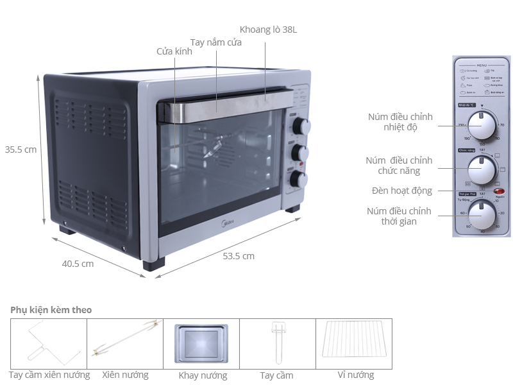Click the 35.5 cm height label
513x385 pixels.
21,150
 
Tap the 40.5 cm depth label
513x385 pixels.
78,263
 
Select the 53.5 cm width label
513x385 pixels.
239,256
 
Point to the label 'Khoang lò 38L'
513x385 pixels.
268,30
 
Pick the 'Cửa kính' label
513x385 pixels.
174,52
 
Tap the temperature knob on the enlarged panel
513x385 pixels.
482,123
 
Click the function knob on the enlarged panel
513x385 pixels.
482,169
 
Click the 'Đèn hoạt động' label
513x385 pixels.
402,191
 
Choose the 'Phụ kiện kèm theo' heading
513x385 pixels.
51,310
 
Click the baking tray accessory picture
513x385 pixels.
201,343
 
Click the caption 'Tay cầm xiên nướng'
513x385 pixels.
49,375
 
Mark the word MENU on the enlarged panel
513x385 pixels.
483,65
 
